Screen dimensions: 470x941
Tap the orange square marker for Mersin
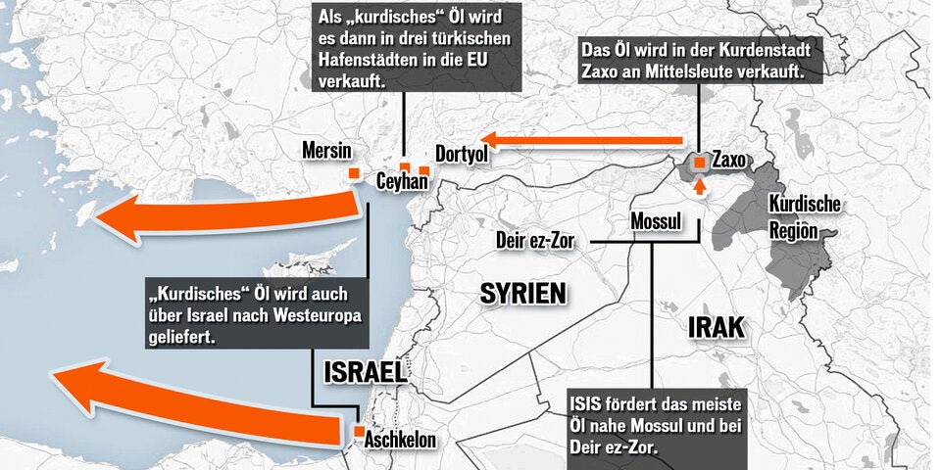click(353, 174)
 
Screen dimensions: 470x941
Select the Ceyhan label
click(402, 181)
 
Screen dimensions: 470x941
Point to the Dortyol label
click(461, 155)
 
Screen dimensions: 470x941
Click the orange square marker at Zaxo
click(700, 163)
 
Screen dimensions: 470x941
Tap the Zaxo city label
click(731, 159)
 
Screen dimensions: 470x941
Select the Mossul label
click(656, 221)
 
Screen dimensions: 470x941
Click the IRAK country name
click(716, 328)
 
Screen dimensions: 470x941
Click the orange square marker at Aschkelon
click(360, 431)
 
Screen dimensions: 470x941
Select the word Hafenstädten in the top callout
click(369, 61)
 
